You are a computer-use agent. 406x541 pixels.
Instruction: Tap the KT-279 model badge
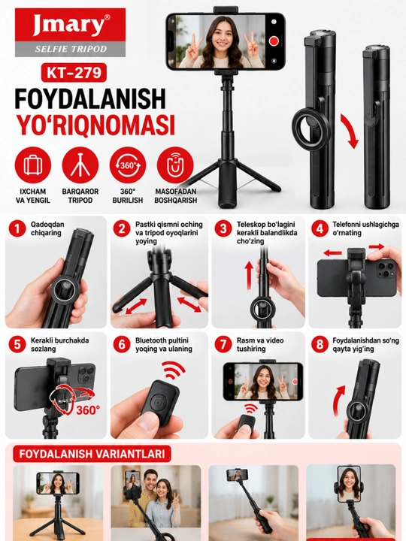coord(74,73)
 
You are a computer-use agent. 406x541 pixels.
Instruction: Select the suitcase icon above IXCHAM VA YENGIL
coord(33,165)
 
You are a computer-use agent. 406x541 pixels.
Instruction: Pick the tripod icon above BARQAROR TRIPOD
coord(80,165)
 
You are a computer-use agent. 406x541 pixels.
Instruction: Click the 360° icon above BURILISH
coord(128,165)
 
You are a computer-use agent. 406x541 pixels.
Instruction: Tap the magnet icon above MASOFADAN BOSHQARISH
coord(175,165)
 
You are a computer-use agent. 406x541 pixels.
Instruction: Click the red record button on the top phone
coord(274,41)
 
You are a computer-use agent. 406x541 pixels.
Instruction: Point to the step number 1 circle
coord(17,229)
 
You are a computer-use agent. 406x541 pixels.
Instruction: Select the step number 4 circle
coord(320,229)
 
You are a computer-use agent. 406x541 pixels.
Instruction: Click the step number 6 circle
coord(122,345)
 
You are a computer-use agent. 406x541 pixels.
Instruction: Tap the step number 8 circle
coord(320,345)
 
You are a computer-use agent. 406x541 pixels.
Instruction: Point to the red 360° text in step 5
coord(88,410)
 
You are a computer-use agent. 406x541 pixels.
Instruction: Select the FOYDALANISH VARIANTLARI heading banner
coord(92,454)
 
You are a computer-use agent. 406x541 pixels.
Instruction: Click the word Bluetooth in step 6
coord(150,340)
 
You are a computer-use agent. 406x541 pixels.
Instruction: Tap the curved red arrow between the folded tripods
coord(350,131)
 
